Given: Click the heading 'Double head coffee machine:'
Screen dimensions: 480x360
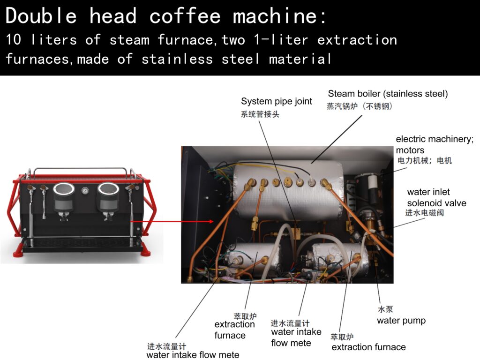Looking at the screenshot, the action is (166, 15).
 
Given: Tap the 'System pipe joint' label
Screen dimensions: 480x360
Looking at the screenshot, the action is (277, 101).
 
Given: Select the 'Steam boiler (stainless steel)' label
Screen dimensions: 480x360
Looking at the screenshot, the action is (388, 94).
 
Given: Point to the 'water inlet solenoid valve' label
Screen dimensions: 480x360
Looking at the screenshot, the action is (436, 197).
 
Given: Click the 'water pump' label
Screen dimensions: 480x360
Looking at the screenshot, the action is (401, 321).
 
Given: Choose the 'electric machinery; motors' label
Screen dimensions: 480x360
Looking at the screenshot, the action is (435, 144).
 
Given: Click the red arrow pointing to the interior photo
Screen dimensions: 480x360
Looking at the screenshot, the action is (172, 221).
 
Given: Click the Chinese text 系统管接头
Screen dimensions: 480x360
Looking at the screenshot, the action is (260, 114).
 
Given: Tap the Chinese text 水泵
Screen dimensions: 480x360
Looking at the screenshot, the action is (385, 309).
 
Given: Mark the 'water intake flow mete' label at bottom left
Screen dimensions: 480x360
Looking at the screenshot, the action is (193, 354).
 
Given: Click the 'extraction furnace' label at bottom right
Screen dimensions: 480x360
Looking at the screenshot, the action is (368, 347).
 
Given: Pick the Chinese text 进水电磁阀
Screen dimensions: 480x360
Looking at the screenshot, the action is (424, 213).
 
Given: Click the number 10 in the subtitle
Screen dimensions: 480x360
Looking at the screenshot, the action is (14, 40).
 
